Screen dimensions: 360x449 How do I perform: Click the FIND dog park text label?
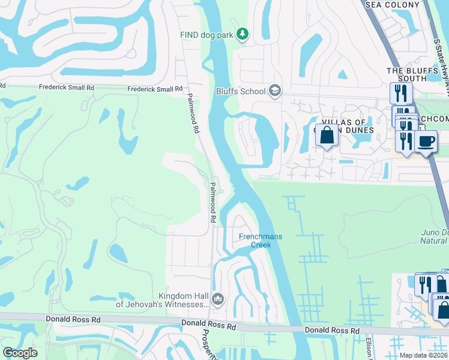(206, 35)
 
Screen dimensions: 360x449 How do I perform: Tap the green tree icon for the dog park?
(243, 35)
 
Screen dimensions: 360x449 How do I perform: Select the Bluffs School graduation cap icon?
(275, 91)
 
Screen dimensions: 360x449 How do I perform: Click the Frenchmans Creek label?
(261, 241)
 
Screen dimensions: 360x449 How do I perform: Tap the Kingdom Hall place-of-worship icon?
(218, 299)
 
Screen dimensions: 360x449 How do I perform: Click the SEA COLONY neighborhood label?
(392, 5)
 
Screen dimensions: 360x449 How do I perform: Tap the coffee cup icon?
(426, 142)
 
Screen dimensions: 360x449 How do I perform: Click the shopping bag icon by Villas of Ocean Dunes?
(327, 136)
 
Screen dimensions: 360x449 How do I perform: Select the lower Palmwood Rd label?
(212, 203)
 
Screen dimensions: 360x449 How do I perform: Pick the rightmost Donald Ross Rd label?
(331, 331)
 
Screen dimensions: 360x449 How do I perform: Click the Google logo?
(20, 353)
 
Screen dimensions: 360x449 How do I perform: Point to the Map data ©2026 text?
(423, 355)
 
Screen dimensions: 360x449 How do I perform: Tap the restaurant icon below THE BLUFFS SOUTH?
(400, 94)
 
